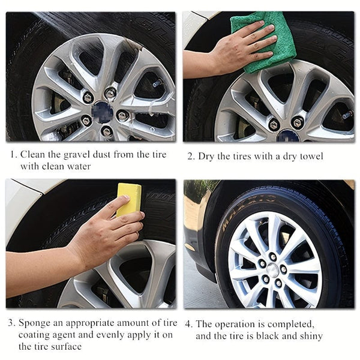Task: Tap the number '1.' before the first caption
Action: pyautogui.click(x=13, y=155)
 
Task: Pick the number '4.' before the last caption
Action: pyautogui.click(x=188, y=324)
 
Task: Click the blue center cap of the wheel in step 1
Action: pyautogui.click(x=103, y=110)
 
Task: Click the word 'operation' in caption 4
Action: pyautogui.click(x=234, y=324)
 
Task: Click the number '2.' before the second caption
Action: pyautogui.click(x=191, y=157)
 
